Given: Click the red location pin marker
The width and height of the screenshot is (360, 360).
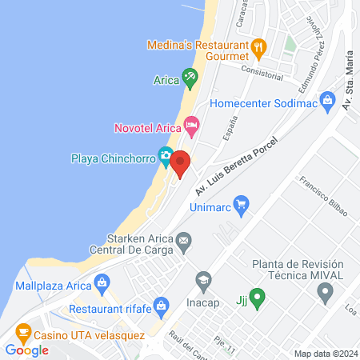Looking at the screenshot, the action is point(180,164).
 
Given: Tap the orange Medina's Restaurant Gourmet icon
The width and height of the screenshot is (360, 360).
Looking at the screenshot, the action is point(258,46).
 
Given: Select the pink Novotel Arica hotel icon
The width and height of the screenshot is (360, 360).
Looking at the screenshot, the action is point(190,124).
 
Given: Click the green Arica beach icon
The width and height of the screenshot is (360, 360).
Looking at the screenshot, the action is point(189,78).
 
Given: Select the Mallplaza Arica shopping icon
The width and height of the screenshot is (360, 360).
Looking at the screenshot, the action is point(101,281).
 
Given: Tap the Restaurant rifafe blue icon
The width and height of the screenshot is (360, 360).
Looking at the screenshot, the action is point(162,305).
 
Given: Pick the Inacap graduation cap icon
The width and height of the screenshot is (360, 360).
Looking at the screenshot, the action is point(203,280).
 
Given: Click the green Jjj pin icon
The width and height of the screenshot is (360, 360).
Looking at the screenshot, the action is point(256,298).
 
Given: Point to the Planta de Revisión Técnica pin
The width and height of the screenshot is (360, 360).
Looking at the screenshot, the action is point(325,294).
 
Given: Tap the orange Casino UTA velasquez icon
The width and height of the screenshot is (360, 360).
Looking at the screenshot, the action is point(23,331).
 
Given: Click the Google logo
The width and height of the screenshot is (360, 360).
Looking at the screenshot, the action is point(26,350).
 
